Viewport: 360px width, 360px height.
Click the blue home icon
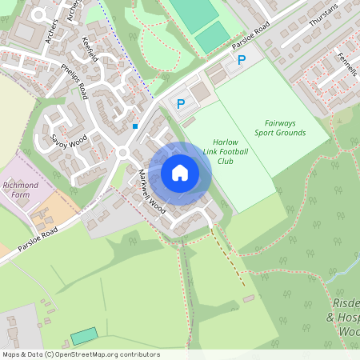(180, 172)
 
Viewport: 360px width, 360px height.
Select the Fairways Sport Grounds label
(280, 127)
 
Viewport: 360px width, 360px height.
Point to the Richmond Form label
(21, 190)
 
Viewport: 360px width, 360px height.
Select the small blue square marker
(135, 126)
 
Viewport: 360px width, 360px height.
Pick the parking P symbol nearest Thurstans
(242, 60)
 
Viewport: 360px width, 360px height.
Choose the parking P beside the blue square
(180, 103)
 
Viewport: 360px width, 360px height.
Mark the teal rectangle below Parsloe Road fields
(84, 336)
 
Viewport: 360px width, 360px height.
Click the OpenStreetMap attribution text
(81, 354)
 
